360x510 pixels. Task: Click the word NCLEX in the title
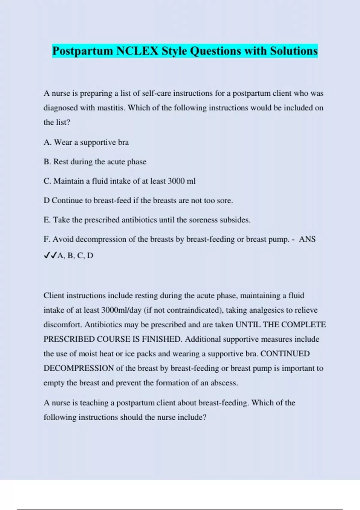click(x=137, y=51)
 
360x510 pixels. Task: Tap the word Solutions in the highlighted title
click(x=294, y=51)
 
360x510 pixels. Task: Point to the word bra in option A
click(x=123, y=142)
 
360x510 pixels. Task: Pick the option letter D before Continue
click(x=46, y=200)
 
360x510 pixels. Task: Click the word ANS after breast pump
click(x=307, y=239)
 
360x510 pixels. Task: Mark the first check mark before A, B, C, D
click(x=47, y=255)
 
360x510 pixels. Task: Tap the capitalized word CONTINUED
click(x=285, y=354)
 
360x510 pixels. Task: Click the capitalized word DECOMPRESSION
click(x=79, y=368)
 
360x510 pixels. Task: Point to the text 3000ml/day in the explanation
click(x=121, y=310)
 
